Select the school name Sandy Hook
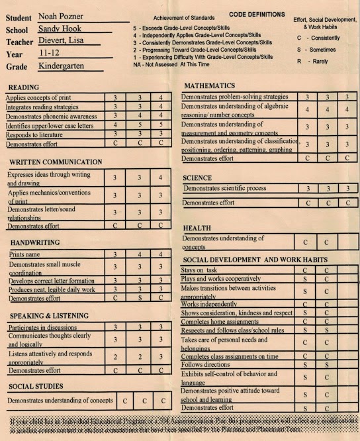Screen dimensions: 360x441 click(x=59, y=29)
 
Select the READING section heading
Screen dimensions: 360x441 click(x=24, y=87)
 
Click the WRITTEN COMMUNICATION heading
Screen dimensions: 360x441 click(x=56, y=162)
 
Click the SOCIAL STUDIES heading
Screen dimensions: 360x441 click(x=36, y=386)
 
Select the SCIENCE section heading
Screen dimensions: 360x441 click(x=197, y=178)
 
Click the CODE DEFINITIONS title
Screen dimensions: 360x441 click(x=257, y=15)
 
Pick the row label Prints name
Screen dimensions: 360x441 click(x=25, y=254)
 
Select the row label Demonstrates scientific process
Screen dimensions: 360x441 click(x=225, y=189)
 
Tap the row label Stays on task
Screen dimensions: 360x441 click(x=200, y=270)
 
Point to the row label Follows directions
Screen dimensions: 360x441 click(x=206, y=365)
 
